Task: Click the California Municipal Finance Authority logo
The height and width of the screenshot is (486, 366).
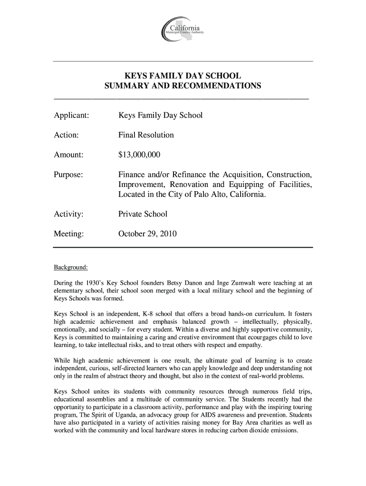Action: tap(183, 30)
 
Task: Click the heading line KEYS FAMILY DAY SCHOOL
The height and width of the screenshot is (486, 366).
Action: tap(183, 76)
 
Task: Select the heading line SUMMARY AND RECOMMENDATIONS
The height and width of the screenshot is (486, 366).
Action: tap(183, 86)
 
